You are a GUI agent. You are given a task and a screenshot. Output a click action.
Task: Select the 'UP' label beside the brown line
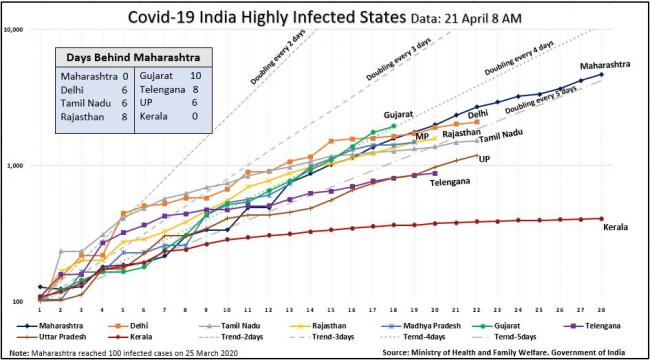[484, 159]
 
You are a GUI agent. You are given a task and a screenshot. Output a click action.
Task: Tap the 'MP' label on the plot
[423, 136]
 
